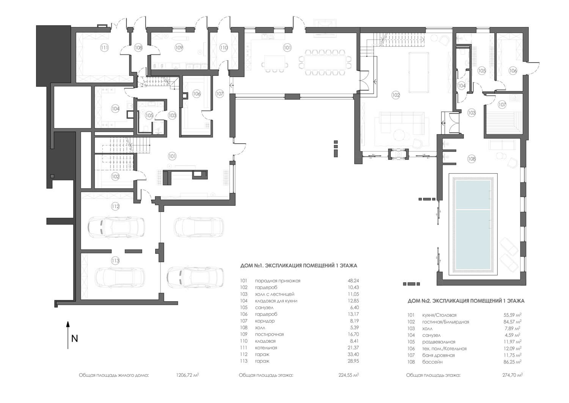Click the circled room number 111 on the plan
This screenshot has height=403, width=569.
point(104,47)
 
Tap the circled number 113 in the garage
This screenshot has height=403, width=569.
point(115,261)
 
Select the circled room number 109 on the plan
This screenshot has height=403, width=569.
point(179,47)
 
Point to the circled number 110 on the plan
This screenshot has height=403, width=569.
point(223,47)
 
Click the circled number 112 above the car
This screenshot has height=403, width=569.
point(115,206)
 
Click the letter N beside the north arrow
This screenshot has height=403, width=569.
point(74,339)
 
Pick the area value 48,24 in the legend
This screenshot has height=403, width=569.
point(353,281)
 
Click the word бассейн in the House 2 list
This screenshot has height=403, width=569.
point(432,362)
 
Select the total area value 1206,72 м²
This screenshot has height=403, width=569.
point(187,375)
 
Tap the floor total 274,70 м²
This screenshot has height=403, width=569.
point(512,375)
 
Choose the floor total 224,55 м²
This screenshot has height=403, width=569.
point(349,375)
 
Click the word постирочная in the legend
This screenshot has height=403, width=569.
point(269,334)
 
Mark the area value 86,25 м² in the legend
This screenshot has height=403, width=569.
point(512,362)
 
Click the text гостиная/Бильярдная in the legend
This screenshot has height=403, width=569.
point(446,322)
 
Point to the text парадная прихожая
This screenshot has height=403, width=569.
point(278,281)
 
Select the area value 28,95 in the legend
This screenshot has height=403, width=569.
point(353,361)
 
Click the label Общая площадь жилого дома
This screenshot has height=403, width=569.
point(114,375)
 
